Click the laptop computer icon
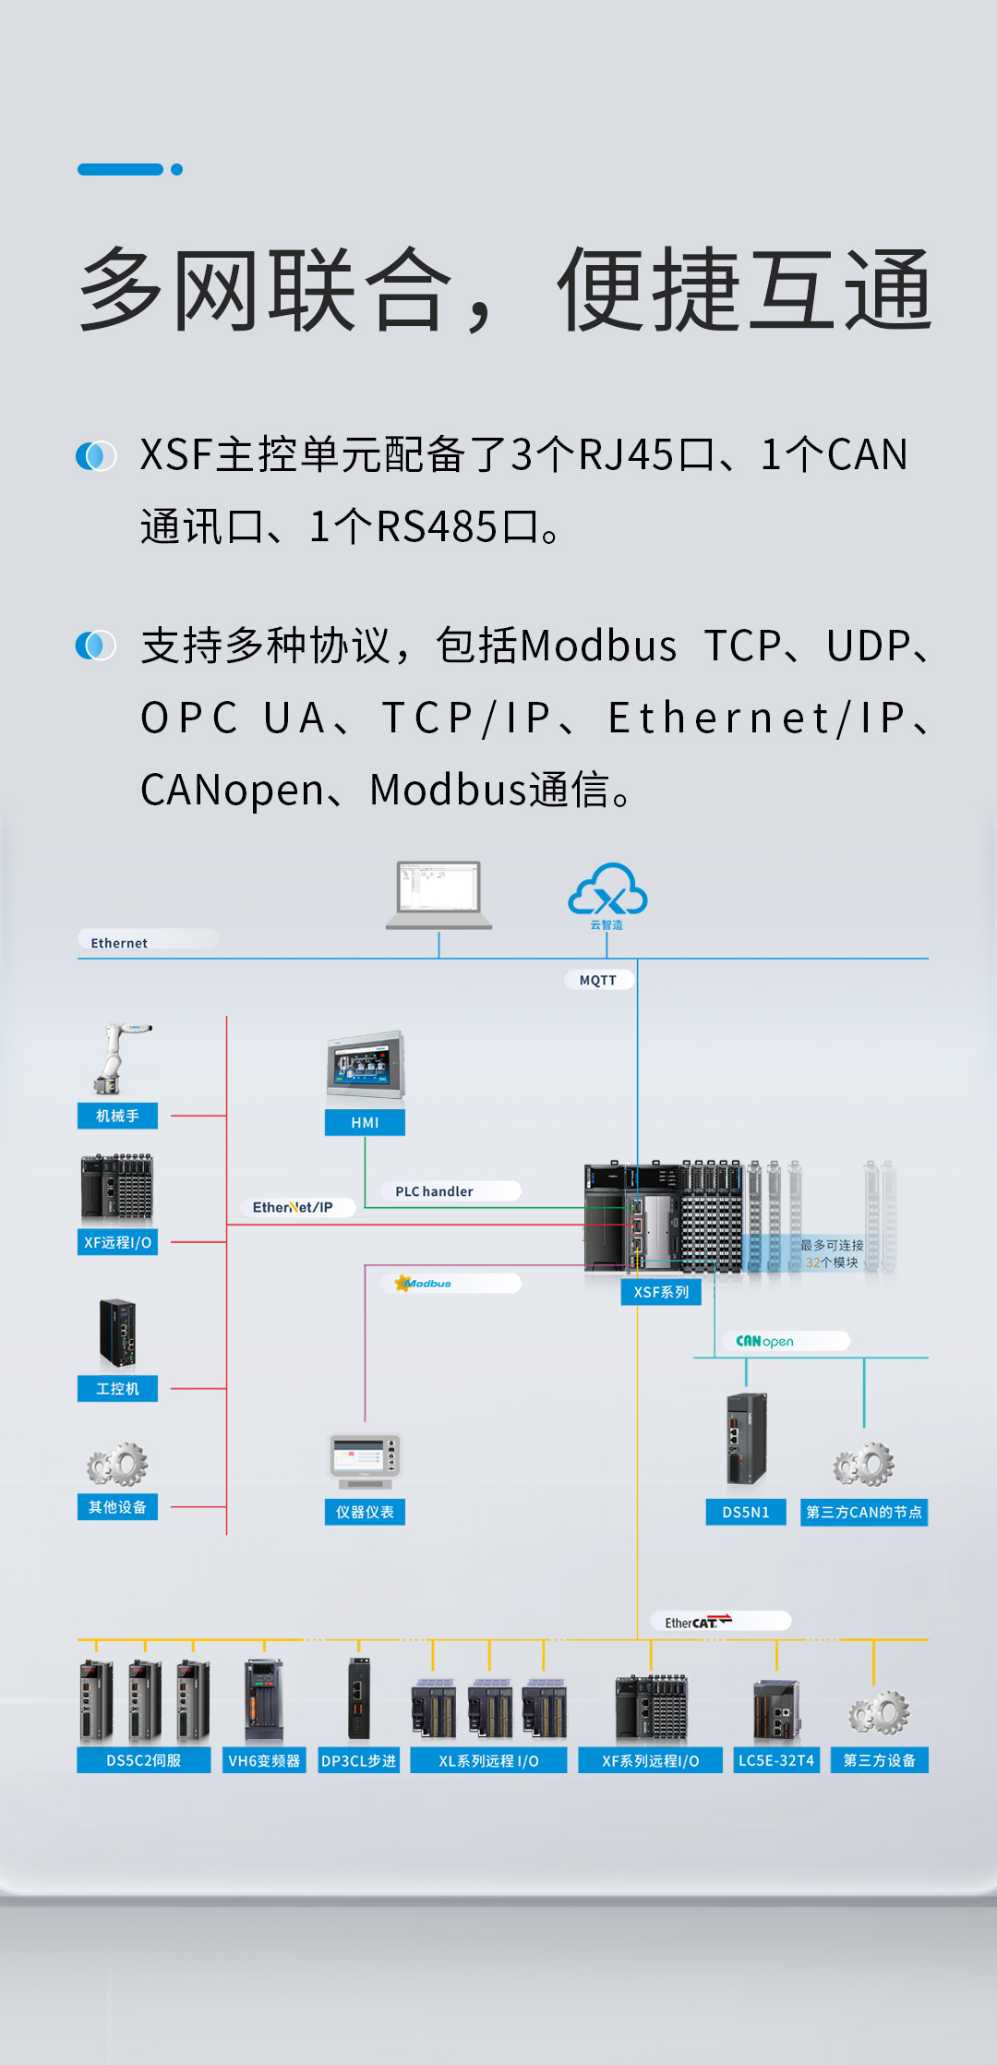click(439, 894)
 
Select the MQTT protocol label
click(598, 980)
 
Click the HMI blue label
click(365, 1122)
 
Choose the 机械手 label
click(117, 1116)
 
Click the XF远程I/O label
click(117, 1242)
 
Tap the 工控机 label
click(117, 1388)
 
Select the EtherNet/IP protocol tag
click(293, 1207)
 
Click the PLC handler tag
click(434, 1191)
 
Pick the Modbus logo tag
click(425, 1284)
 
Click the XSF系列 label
click(661, 1292)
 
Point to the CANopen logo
click(764, 1341)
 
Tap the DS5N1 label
click(746, 1512)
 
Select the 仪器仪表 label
click(365, 1512)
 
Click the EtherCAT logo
click(698, 1622)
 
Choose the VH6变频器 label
click(264, 1760)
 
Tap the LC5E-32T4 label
click(776, 1760)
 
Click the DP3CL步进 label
click(358, 1760)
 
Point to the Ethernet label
click(119, 943)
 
